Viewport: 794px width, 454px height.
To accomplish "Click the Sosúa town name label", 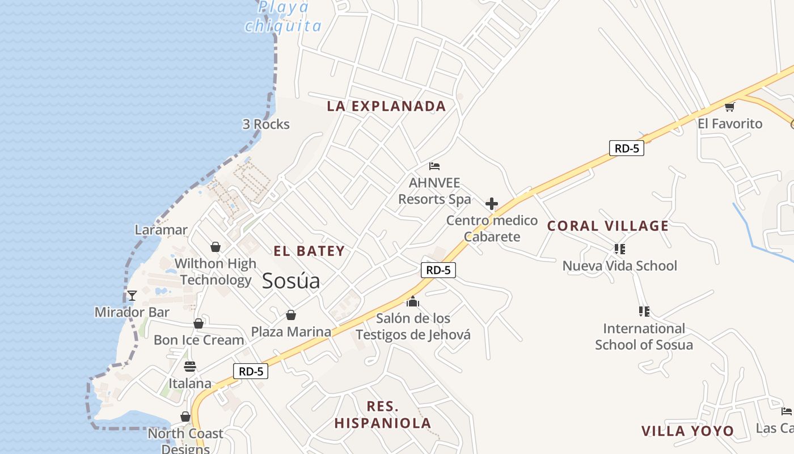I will (x=291, y=281).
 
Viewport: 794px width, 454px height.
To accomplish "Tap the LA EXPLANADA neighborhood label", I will (x=387, y=106).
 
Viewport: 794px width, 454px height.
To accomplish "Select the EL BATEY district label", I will (x=309, y=251).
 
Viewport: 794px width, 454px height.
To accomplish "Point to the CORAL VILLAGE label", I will (x=608, y=226).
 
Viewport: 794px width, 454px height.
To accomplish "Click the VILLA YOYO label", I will (x=687, y=431).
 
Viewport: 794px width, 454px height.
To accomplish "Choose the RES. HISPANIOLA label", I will (x=383, y=415).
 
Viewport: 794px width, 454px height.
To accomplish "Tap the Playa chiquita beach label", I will (x=284, y=17).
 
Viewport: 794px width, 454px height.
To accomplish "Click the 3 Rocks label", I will (x=266, y=124).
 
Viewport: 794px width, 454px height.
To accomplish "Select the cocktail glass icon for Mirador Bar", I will (x=132, y=296).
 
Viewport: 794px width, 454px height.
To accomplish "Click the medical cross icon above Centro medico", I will (x=492, y=204).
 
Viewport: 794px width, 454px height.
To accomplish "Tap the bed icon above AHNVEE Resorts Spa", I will (x=434, y=166).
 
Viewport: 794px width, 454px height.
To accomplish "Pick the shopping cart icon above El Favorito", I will (x=729, y=107).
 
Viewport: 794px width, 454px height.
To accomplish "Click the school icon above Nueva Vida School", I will (x=619, y=249).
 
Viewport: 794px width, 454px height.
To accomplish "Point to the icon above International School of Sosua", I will (x=644, y=311).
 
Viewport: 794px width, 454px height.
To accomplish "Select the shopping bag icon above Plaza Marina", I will (x=291, y=315).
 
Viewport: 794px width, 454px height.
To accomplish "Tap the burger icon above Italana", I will (x=189, y=367).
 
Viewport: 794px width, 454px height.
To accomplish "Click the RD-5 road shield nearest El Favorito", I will (x=627, y=149).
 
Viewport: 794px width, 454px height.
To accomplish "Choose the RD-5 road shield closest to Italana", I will (x=251, y=372).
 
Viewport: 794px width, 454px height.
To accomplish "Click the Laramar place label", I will (x=161, y=230).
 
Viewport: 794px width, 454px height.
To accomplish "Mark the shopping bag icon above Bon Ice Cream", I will (x=198, y=323).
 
